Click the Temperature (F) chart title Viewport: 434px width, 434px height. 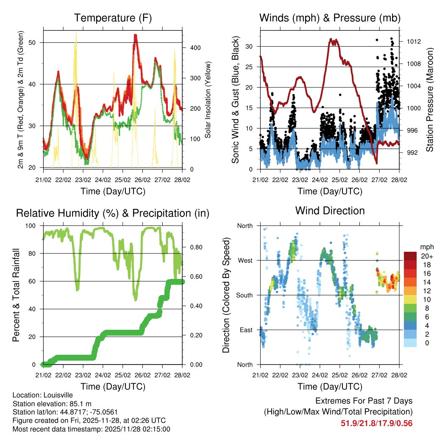pos(113,18)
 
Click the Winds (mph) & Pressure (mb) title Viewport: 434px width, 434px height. pos(330,18)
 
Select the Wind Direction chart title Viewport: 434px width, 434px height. pos(330,211)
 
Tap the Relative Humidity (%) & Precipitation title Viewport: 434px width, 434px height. pos(113,213)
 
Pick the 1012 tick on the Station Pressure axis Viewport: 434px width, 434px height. pos(413,42)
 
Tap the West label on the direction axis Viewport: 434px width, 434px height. pos(245,260)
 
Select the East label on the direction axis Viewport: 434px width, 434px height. pos(246,330)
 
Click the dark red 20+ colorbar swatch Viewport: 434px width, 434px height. pos(411,256)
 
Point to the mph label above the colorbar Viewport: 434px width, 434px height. pos(426,247)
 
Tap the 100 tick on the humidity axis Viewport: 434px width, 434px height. pos(33,225)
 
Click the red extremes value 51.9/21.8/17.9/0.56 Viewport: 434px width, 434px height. pos(376,423)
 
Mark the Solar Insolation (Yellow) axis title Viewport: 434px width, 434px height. pos(208,100)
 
